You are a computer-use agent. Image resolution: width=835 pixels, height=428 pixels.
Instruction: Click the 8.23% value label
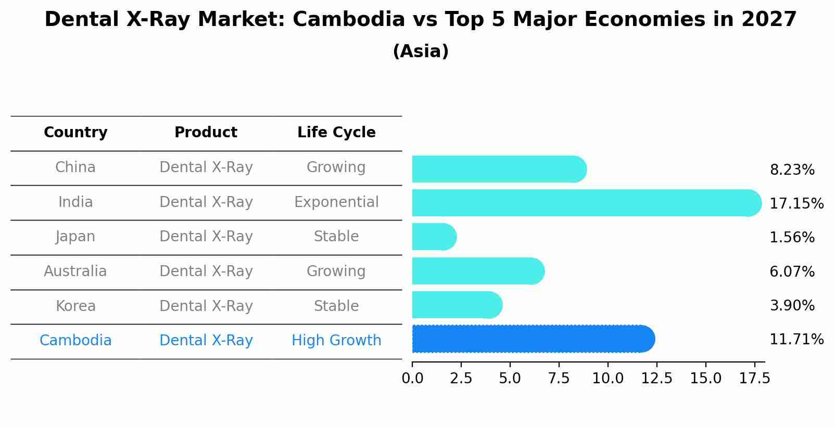pos(792,170)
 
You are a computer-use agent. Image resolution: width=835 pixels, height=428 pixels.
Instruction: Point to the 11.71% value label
pos(796,340)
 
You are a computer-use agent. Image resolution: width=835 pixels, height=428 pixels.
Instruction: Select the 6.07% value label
pos(792,271)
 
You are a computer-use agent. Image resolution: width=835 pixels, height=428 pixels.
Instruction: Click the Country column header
pos(75,133)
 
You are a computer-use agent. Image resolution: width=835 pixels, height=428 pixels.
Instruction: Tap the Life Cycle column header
pos(336,133)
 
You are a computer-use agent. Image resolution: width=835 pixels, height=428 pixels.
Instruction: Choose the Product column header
pos(206,133)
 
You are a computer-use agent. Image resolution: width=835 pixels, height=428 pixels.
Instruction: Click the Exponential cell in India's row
pos(336,202)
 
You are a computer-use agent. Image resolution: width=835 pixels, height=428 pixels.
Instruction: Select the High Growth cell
pos(336,341)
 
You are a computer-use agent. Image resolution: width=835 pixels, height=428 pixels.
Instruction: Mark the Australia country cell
pos(75,271)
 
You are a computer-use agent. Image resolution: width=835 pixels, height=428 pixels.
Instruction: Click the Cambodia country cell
pos(75,341)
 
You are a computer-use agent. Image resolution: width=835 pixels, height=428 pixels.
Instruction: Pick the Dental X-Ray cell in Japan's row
pos(206,237)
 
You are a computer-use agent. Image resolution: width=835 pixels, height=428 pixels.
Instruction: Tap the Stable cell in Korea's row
pos(336,306)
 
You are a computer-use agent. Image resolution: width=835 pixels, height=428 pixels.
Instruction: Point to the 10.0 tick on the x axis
pos(608,379)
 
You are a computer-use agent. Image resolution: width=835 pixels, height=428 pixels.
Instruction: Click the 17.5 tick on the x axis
pos(754,379)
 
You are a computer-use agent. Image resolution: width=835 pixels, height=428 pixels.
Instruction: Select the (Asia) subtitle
pos(421,51)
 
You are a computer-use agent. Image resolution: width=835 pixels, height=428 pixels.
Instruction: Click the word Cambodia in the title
pos(348,20)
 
